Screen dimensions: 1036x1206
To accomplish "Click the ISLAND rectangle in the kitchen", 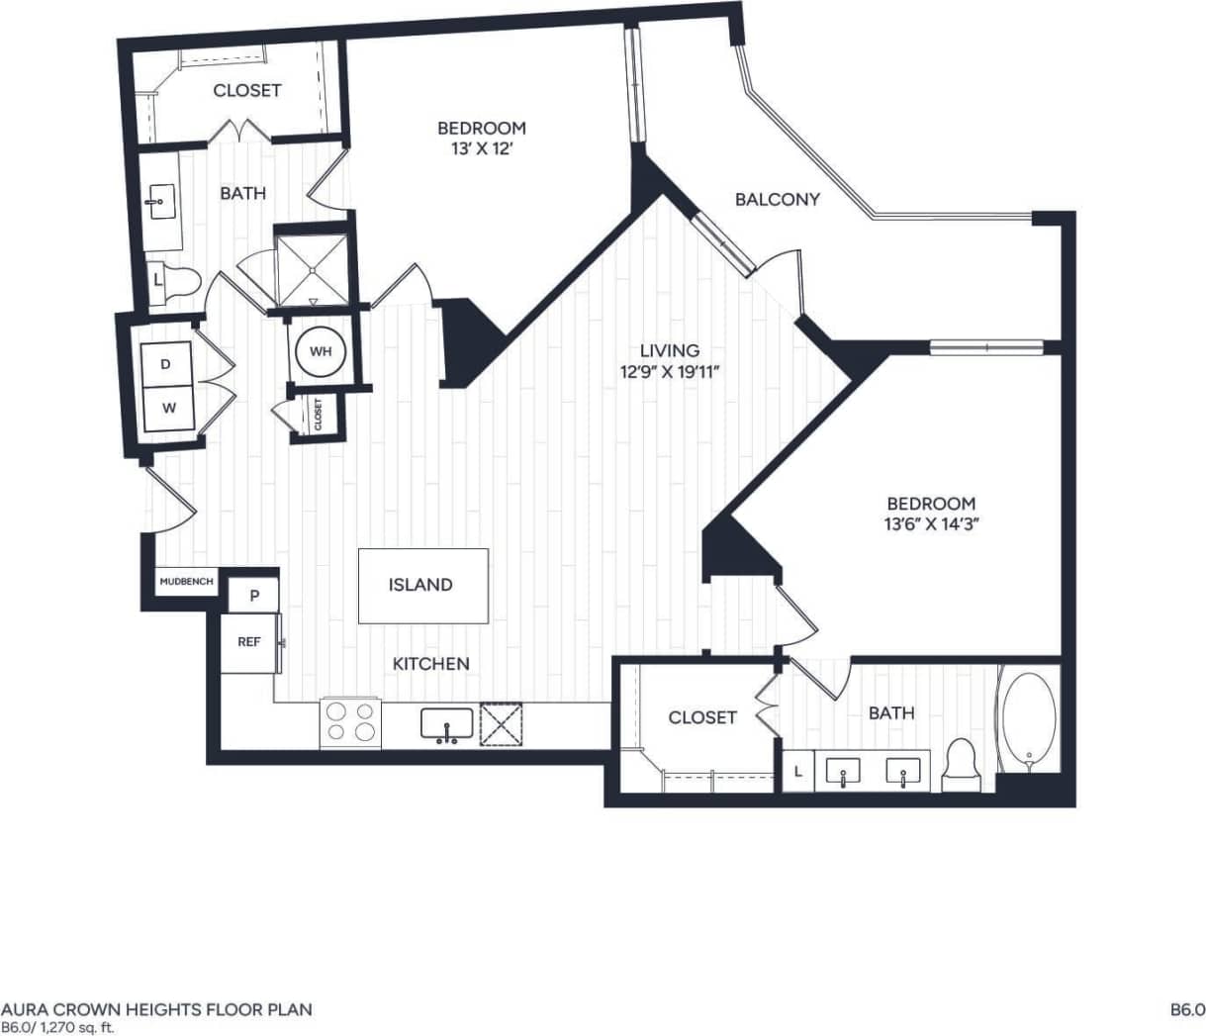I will [422, 586].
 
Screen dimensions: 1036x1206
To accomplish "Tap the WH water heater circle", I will [321, 351].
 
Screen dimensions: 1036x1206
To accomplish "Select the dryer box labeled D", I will [166, 364].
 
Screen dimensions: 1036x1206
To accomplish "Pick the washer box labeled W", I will [168, 408].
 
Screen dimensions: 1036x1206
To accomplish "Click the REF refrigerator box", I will [249, 642].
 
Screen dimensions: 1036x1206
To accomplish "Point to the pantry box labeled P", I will [254, 596].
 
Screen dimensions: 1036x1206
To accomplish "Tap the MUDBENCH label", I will [186, 582].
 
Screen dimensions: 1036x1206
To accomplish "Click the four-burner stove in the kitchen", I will [351, 722].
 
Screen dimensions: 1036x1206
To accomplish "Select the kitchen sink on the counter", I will [446, 724].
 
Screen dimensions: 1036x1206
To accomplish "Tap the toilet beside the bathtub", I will [961, 766].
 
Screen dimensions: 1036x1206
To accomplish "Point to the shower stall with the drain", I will [313, 270].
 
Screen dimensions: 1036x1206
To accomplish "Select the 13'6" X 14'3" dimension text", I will [932, 524].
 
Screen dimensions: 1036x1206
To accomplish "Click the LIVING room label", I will [670, 350].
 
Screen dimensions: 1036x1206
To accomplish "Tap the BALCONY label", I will [778, 199].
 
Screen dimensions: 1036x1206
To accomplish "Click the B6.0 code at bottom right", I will [1186, 1010].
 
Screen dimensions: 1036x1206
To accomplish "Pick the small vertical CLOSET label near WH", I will [319, 413].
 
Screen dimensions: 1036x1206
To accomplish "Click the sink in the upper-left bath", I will [157, 202].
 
